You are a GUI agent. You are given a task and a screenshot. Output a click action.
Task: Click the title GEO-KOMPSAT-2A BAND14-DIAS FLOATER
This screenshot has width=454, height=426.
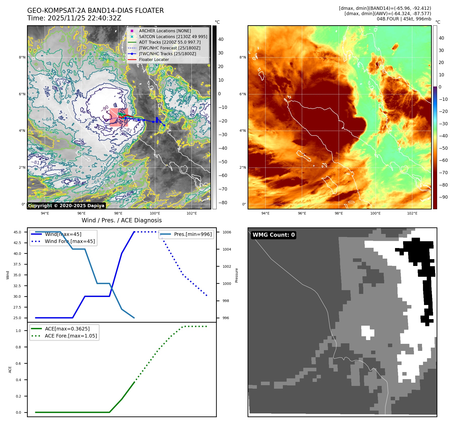tap(95, 11)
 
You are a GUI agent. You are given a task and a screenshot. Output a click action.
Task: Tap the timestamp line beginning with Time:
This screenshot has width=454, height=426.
tap(74, 18)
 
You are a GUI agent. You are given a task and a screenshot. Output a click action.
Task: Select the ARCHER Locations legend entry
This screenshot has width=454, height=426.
tap(165, 31)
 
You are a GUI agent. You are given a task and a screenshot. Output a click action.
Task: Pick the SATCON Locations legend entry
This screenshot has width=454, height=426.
tap(173, 37)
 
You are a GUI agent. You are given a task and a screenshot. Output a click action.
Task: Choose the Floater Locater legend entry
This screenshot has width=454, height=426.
tap(154, 60)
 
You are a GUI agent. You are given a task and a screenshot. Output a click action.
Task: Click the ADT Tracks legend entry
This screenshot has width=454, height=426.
tap(170, 42)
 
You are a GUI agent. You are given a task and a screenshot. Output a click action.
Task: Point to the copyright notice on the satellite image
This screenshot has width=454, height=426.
tap(66, 206)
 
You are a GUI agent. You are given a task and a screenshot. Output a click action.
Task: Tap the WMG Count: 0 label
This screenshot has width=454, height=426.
tap(274, 235)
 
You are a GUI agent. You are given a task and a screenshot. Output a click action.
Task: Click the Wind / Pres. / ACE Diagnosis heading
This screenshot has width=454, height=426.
tap(122, 220)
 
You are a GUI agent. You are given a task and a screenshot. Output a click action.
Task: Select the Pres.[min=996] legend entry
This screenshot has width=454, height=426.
tap(193, 234)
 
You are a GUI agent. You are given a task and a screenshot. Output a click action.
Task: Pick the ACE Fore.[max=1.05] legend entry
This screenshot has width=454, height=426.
tap(71, 336)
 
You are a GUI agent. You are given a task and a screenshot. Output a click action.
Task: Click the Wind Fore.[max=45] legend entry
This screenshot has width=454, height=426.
tap(70, 241)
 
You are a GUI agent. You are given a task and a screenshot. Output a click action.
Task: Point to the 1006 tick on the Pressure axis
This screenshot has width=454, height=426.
tap(227, 232)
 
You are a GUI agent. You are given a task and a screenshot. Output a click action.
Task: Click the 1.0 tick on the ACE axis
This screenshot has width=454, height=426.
tap(18, 331)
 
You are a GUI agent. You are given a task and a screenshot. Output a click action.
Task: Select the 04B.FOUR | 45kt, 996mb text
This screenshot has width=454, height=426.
tap(404, 19)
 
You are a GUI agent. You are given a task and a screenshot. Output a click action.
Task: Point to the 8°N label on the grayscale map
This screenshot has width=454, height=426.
tap(22, 57)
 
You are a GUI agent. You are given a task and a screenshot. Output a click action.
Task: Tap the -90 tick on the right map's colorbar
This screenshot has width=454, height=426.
tap(443, 197)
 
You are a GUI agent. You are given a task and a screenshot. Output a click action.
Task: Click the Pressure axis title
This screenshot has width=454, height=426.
tap(236, 275)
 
